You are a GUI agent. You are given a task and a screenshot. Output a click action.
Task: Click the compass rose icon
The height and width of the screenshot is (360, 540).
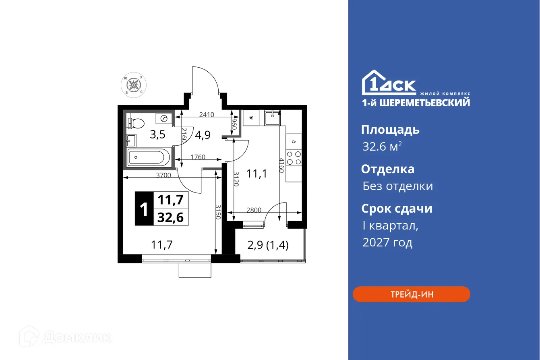(x=134, y=85)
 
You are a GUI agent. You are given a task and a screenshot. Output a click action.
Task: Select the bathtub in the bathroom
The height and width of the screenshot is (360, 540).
(x=148, y=157)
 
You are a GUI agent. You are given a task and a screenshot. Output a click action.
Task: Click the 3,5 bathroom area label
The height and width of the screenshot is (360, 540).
(x=157, y=134)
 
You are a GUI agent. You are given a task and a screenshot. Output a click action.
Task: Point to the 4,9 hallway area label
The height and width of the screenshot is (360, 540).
(x=203, y=134)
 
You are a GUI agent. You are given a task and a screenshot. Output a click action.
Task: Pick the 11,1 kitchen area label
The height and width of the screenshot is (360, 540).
(x=257, y=174)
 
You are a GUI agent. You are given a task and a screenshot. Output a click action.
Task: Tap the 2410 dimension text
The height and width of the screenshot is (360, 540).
(x=207, y=115)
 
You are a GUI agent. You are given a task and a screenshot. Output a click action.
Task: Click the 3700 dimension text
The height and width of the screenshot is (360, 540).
(x=164, y=175)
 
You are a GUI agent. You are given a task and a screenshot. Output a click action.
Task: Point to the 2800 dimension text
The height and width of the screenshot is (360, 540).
(x=254, y=210)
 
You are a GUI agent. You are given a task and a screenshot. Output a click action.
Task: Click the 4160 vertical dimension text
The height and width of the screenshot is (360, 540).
(x=282, y=165)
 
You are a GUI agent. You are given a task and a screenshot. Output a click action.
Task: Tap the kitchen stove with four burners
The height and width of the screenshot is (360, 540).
(x=294, y=158)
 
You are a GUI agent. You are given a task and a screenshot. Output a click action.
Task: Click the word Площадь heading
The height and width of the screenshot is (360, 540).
(x=390, y=130)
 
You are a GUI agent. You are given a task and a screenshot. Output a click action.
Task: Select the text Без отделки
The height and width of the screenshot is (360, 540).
(x=398, y=186)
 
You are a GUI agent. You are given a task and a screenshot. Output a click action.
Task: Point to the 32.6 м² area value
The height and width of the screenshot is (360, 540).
(x=382, y=147)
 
